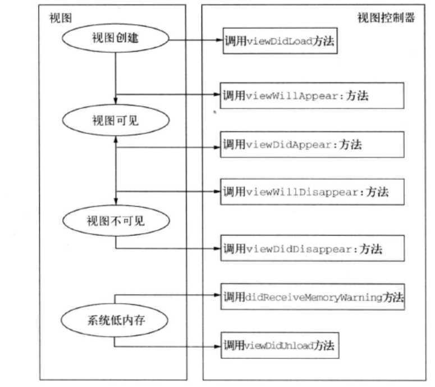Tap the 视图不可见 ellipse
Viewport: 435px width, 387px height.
coord(116,220)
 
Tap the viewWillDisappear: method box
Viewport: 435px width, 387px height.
coord(312,192)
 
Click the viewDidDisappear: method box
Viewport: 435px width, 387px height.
coord(312,248)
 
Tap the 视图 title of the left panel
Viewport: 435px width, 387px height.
coord(58,17)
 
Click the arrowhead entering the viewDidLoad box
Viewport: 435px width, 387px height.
coord(219,40)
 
